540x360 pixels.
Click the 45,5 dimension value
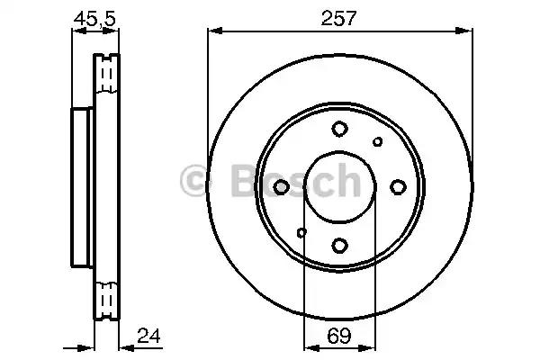[95, 15]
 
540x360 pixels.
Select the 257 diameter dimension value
[340, 15]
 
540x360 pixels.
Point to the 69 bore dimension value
[339, 338]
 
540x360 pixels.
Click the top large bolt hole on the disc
[339, 129]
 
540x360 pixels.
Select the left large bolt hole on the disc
[282, 186]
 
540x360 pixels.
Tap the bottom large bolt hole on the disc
[339, 244]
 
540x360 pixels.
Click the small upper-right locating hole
[378, 140]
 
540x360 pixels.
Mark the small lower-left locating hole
[301, 233]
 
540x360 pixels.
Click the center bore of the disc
[339, 186]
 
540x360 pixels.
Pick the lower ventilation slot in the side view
[107, 297]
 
